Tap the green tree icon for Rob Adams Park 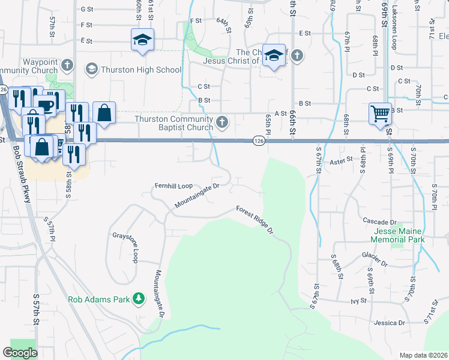[x=139, y=298]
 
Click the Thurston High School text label [x=141, y=70]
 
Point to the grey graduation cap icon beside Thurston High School [x=91, y=70]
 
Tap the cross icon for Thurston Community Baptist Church [x=222, y=123]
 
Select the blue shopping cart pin [x=380, y=113]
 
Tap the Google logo [x=20, y=353]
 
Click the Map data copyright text [x=423, y=355]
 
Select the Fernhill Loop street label [x=173, y=186]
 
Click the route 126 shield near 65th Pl [x=258, y=140]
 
